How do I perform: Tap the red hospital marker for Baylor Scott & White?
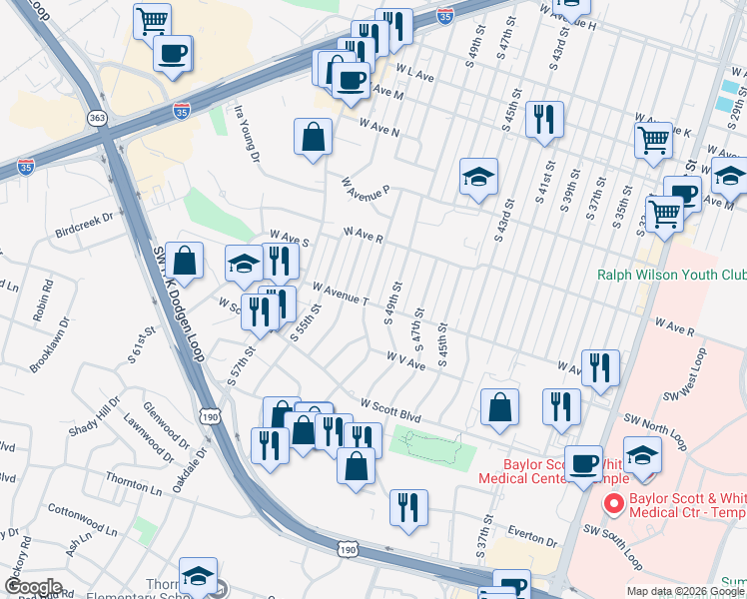point(614,504)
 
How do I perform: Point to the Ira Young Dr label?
point(247,135)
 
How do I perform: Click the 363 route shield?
point(97,118)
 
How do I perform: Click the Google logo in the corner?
point(32,587)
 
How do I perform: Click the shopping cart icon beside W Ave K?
point(653,140)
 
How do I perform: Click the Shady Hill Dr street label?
point(94,417)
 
